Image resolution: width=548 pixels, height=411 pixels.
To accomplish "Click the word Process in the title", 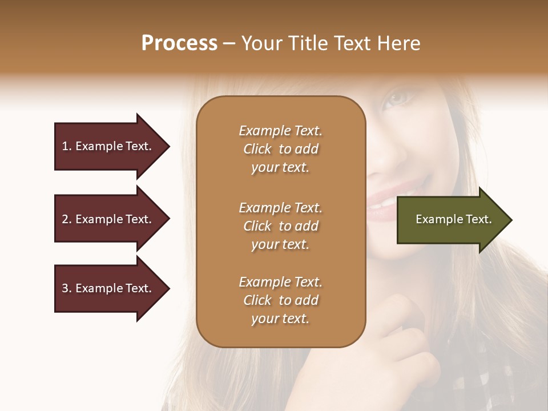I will (x=179, y=43).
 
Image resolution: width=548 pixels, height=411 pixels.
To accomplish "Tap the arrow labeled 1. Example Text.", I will (x=108, y=146).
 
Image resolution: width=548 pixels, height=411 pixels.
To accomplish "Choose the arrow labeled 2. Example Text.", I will (x=108, y=219).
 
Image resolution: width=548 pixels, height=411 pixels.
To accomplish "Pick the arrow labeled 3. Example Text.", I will (x=108, y=288).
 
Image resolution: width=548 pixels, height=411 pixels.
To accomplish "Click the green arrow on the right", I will (x=451, y=220).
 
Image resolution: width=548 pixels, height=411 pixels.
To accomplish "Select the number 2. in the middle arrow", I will (x=67, y=219).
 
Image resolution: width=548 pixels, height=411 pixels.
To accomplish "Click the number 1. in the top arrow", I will (x=67, y=146).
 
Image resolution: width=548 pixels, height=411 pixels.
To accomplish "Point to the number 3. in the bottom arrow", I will (x=67, y=288).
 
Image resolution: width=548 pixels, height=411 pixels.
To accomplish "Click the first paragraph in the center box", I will (x=280, y=149).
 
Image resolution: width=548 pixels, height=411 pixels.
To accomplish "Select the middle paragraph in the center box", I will (x=280, y=226).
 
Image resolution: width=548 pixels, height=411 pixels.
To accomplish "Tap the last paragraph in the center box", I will (x=280, y=300).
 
